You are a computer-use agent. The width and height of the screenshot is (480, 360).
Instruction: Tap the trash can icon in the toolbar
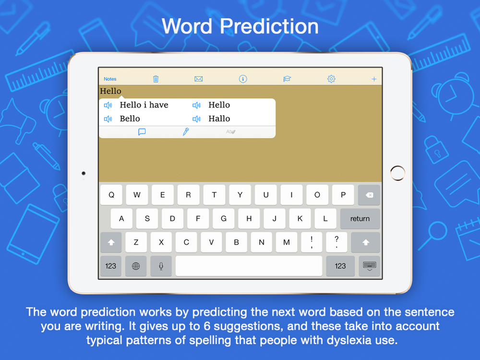[156, 79]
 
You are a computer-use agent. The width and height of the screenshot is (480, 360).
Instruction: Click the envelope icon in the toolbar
[198, 79]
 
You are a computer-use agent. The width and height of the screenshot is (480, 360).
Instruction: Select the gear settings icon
[331, 79]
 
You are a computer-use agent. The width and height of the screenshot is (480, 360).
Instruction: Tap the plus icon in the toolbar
[374, 79]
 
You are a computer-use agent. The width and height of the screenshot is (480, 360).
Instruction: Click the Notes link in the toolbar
[110, 79]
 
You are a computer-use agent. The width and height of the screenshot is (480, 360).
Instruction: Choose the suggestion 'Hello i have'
[144, 105]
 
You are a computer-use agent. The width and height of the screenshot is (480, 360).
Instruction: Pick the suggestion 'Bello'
[130, 119]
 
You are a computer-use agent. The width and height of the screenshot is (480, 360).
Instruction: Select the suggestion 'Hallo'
[219, 119]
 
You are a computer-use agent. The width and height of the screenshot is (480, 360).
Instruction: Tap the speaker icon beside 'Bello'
[108, 119]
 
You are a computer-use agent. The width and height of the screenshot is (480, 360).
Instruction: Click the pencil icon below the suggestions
[186, 132]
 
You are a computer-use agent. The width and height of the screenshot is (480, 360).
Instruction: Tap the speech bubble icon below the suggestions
[142, 132]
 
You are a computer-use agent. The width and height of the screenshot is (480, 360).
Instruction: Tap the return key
[360, 218]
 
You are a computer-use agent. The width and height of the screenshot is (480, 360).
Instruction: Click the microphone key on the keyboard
[161, 266]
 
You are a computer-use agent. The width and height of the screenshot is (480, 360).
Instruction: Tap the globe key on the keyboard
[136, 266]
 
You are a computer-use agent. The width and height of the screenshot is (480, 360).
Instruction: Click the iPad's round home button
[397, 173]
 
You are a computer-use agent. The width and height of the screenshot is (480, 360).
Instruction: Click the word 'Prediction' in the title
[269, 26]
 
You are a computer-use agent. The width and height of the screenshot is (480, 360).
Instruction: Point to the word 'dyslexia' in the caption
[349, 340]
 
